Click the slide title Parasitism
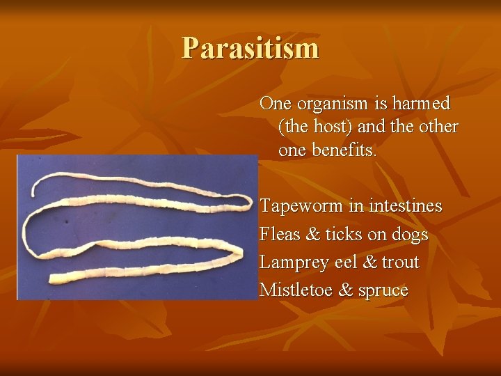click(250, 48)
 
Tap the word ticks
click(343, 235)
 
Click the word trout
click(400, 263)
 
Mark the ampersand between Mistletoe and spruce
click(346, 290)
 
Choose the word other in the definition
click(437, 127)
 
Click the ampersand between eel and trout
click(371, 263)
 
